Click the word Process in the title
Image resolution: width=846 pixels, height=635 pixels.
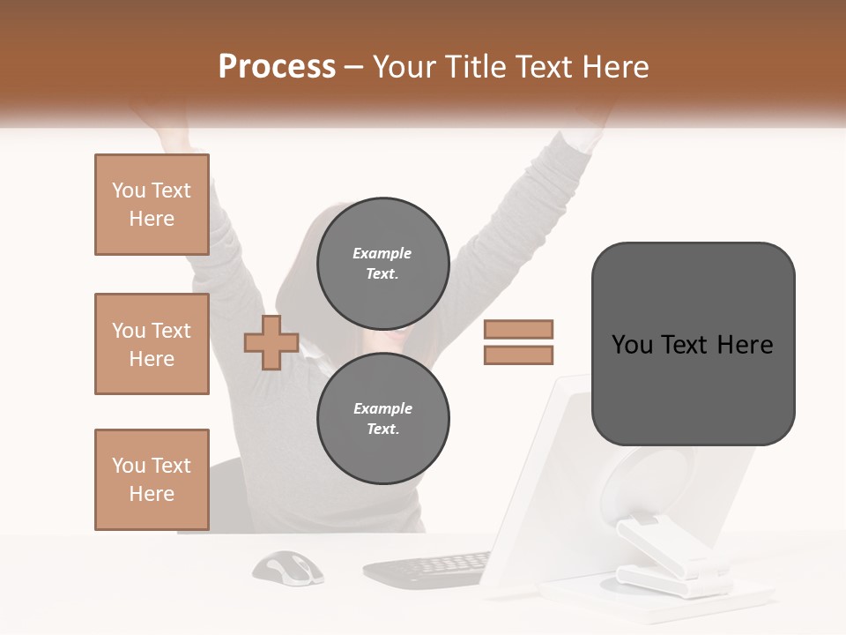tap(277, 67)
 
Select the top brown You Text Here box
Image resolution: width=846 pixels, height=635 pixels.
tap(152, 205)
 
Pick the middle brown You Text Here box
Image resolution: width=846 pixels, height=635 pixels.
tap(152, 344)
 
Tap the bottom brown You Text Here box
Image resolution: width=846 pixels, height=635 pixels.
tap(152, 480)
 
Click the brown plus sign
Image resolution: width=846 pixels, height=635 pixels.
tap(271, 342)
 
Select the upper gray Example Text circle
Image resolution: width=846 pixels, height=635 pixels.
tap(383, 264)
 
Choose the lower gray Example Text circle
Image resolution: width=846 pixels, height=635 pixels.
tap(383, 419)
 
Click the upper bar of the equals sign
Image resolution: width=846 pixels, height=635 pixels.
tap(518, 330)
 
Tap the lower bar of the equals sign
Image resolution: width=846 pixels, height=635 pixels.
tap(518, 355)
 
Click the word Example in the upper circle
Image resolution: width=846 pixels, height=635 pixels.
tap(382, 253)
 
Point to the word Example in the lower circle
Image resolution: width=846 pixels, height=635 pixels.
tap(382, 408)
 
